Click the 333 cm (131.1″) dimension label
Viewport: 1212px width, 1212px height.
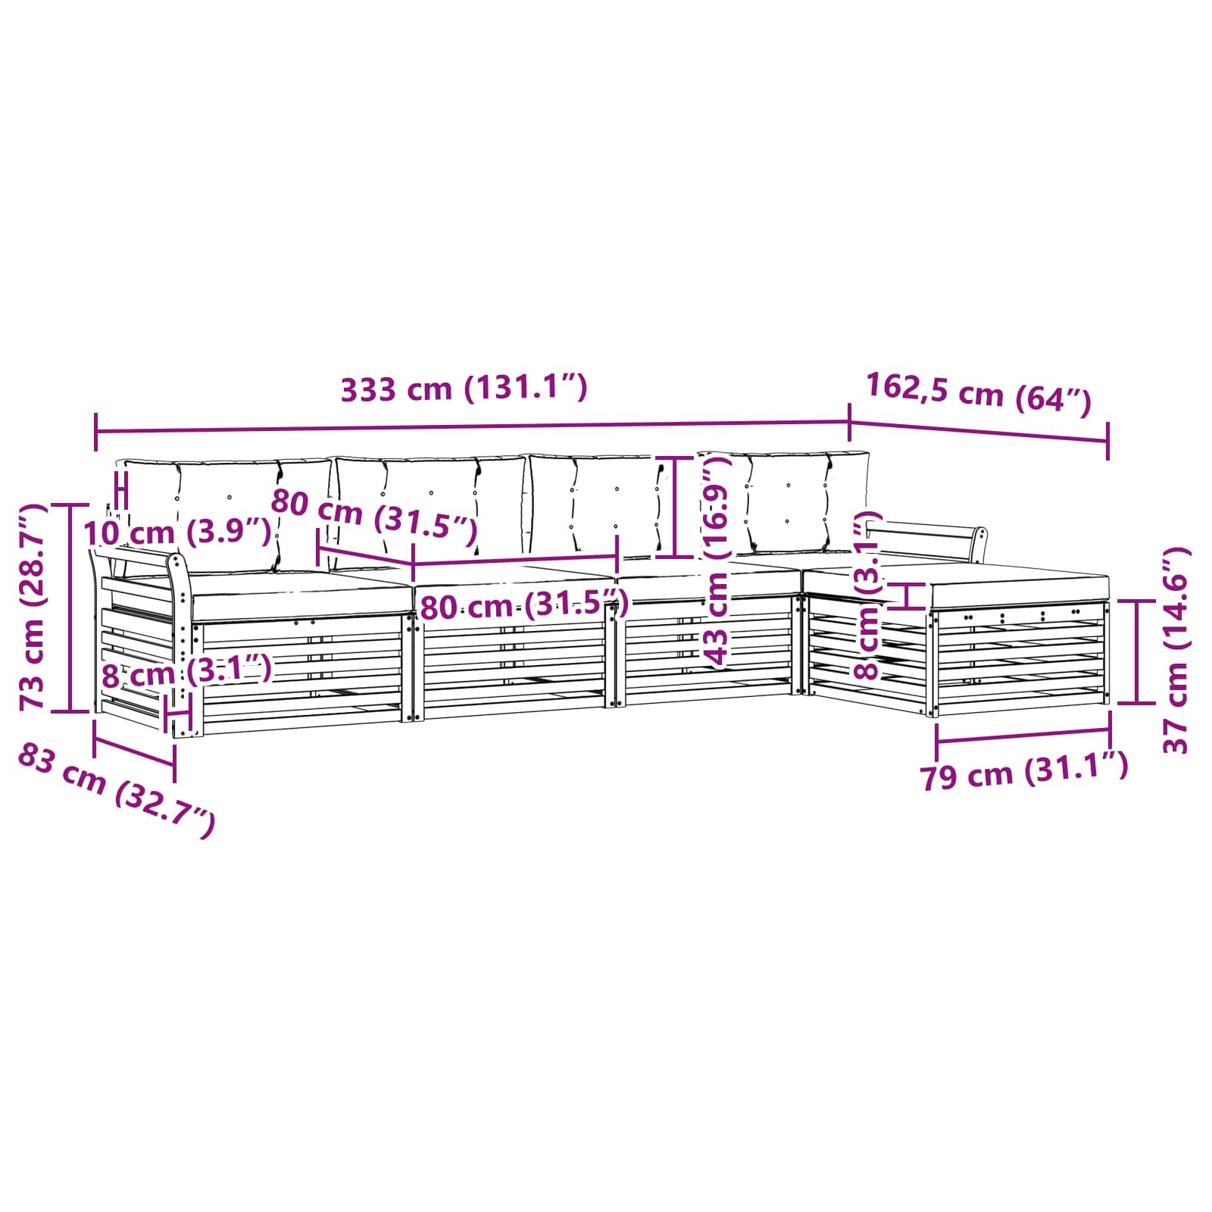tap(464, 389)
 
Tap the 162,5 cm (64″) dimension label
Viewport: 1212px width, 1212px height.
tap(979, 394)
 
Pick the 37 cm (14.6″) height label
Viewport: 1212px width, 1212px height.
tap(1176, 649)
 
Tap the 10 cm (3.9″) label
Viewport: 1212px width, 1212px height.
tap(177, 533)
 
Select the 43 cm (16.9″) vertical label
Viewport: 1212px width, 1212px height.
tap(715, 564)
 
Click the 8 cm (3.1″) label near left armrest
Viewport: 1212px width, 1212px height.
tap(187, 671)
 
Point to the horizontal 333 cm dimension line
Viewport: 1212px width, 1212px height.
tap(472, 427)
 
